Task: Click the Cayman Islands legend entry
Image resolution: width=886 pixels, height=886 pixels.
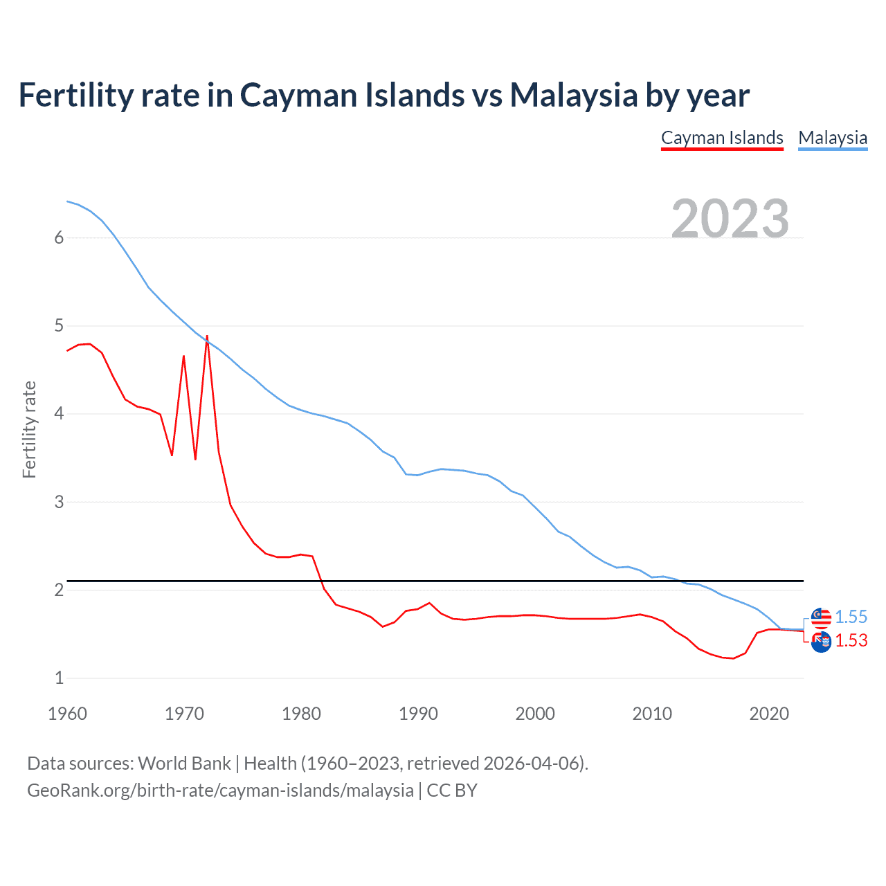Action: tap(722, 138)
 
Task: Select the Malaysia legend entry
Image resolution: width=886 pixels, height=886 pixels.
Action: tap(833, 138)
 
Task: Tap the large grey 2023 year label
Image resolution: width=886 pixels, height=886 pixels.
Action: tap(730, 218)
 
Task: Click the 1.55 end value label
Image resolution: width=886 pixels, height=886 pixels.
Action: tap(851, 617)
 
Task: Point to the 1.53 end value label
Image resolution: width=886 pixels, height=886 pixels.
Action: tap(851, 640)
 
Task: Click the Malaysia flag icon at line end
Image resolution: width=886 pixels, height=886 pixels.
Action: tap(821, 617)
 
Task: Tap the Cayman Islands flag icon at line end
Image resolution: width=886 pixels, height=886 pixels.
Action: tap(821, 642)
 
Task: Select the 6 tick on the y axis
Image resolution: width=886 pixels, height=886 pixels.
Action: tap(59, 237)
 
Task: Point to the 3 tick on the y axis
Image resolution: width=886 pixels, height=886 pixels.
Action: tap(59, 502)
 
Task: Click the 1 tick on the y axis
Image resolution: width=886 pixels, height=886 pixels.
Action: tap(59, 678)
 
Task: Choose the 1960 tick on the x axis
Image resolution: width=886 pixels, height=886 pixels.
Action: tap(67, 714)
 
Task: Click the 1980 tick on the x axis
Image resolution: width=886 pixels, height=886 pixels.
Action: tap(301, 714)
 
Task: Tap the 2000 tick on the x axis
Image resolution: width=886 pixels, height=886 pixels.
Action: tap(535, 714)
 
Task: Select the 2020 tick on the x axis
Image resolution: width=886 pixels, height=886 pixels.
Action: tap(769, 714)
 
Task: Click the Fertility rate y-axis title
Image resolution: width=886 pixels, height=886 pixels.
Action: tap(29, 429)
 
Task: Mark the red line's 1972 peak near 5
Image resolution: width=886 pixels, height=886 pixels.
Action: tap(207, 336)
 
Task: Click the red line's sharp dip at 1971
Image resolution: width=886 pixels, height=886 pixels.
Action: tap(195, 459)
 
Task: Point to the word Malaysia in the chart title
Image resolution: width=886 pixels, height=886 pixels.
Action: tap(574, 96)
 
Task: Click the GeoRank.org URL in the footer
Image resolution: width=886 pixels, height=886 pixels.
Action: tap(220, 790)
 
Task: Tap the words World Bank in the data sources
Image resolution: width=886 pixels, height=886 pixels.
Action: tap(184, 763)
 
